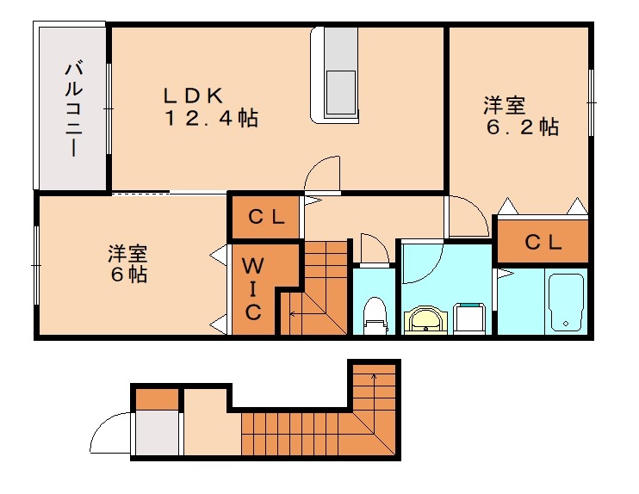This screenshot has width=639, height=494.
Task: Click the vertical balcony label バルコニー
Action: click(73, 108)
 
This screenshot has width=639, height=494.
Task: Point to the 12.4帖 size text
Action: click(212, 119)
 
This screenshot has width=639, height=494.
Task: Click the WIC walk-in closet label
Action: click(252, 288)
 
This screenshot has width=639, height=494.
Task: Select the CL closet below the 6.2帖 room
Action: click(543, 243)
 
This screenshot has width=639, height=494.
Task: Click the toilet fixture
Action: click(375, 314)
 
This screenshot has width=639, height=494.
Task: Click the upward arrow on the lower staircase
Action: click(375, 376)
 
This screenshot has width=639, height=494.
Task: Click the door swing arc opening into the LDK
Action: click(323, 172)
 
